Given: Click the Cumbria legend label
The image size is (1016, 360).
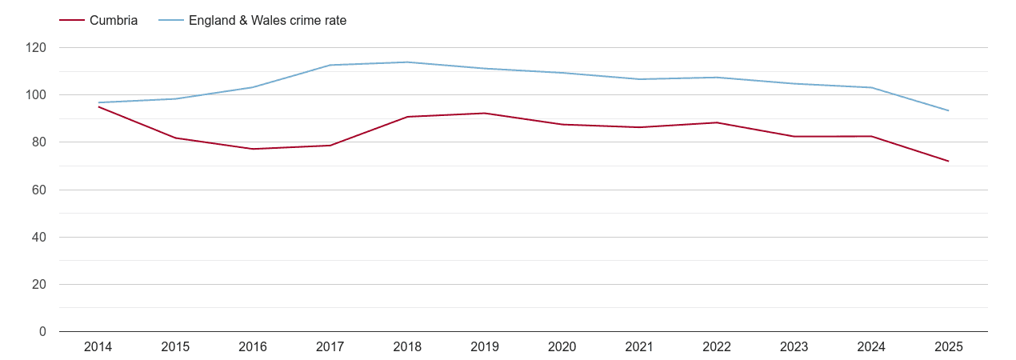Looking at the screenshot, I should pyautogui.click(x=114, y=21).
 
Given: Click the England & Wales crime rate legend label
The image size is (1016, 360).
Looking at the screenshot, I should pyautogui.click(x=267, y=21).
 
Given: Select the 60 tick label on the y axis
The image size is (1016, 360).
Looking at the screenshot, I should pyautogui.click(x=40, y=190).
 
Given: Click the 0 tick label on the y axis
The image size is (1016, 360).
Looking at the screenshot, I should pyautogui.click(x=43, y=332).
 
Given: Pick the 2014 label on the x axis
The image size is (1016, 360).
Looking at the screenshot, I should pyautogui.click(x=98, y=347).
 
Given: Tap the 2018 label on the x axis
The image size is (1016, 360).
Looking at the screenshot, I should pyautogui.click(x=407, y=347).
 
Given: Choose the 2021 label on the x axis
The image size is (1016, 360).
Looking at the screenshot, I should pyautogui.click(x=639, y=347).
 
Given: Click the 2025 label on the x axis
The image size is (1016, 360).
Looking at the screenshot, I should pyautogui.click(x=949, y=347).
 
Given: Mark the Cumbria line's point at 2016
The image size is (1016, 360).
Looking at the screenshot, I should pyautogui.click(x=253, y=149).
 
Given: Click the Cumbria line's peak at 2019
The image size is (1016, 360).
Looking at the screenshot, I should pyautogui.click(x=485, y=113).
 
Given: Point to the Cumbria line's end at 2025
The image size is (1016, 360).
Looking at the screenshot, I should pyautogui.click(x=949, y=162).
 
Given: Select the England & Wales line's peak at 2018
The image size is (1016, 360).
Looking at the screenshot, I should pyautogui.click(x=407, y=62).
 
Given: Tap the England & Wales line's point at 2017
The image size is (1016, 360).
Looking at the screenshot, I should pyautogui.click(x=330, y=65).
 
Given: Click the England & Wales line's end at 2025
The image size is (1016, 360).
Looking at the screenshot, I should pyautogui.click(x=949, y=110).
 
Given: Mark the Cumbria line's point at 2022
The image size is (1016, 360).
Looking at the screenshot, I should pyautogui.click(x=717, y=122).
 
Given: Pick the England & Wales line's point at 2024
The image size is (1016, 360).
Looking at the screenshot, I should pyautogui.click(x=871, y=87).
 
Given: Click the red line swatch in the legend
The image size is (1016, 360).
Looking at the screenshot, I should pyautogui.click(x=71, y=21).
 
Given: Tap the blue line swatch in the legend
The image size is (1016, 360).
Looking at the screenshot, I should pyautogui.click(x=170, y=21).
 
